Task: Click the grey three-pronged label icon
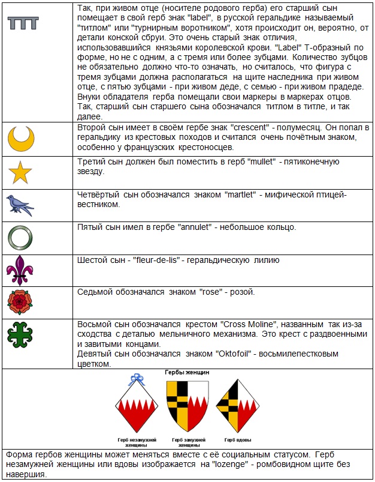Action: pos(23,23)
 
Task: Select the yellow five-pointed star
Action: pos(20,173)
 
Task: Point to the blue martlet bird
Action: pos(20,205)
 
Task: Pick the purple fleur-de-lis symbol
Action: pos(20,270)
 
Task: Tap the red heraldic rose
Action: pos(20,302)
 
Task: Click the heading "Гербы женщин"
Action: pos(187,373)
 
